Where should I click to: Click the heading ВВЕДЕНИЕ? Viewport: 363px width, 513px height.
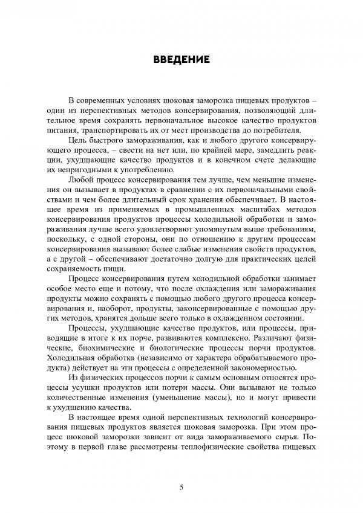[181, 59]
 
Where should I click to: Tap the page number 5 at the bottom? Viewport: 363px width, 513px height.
[181, 486]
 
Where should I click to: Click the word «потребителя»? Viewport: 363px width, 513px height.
[280, 131]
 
